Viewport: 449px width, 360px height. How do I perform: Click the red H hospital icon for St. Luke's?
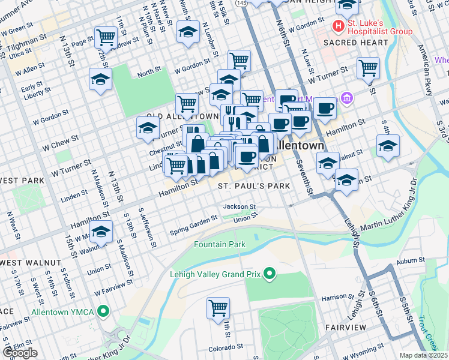click(339, 26)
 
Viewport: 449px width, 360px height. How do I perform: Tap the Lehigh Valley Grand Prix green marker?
click(270, 275)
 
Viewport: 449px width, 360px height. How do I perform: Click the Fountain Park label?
click(220, 244)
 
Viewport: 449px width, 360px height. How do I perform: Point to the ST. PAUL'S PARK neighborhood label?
click(254, 186)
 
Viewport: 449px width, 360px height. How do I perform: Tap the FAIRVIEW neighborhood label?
click(345, 327)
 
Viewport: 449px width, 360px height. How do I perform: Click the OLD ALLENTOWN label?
click(182, 116)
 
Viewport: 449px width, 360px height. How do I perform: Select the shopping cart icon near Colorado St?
click(218, 308)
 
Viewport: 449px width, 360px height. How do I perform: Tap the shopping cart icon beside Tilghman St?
click(106, 37)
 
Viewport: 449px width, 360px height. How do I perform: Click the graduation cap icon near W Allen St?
click(100, 79)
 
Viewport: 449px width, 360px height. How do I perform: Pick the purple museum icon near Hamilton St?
click(346, 98)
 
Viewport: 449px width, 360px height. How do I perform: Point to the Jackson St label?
click(240, 206)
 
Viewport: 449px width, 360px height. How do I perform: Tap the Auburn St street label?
click(411, 261)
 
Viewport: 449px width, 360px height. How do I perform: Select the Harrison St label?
click(351, 297)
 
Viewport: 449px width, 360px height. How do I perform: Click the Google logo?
click(20, 353)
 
